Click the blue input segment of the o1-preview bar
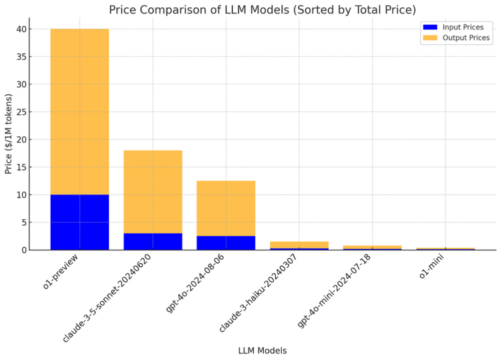point(79,222)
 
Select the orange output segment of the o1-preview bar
point(79,112)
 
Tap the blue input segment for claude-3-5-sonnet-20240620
point(152,241)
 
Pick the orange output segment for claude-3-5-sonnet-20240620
point(152,192)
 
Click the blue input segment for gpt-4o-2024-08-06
point(226,242)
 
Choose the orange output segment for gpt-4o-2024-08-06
point(226,208)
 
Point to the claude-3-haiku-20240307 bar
point(299,246)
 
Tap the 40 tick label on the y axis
point(23,29)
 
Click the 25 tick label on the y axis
point(23,112)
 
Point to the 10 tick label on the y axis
point(23,195)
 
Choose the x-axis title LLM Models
point(262,351)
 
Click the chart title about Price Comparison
point(262,9)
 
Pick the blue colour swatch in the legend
point(430,27)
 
